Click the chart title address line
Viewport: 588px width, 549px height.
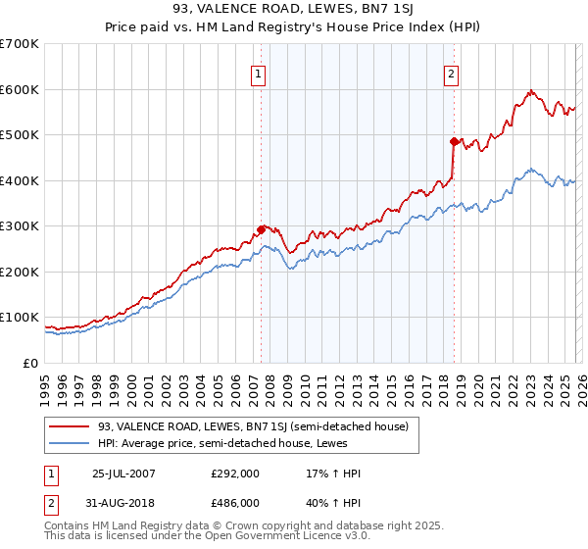coord(293,11)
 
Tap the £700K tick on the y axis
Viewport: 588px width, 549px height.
coord(20,44)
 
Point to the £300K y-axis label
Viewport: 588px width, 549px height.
coord(20,226)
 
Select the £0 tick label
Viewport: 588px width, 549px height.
coord(31,364)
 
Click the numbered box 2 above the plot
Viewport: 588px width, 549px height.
coord(451,74)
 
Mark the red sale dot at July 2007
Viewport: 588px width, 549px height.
coord(261,229)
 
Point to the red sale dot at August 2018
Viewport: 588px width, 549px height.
coord(454,141)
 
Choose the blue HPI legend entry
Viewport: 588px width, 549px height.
coord(232,443)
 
